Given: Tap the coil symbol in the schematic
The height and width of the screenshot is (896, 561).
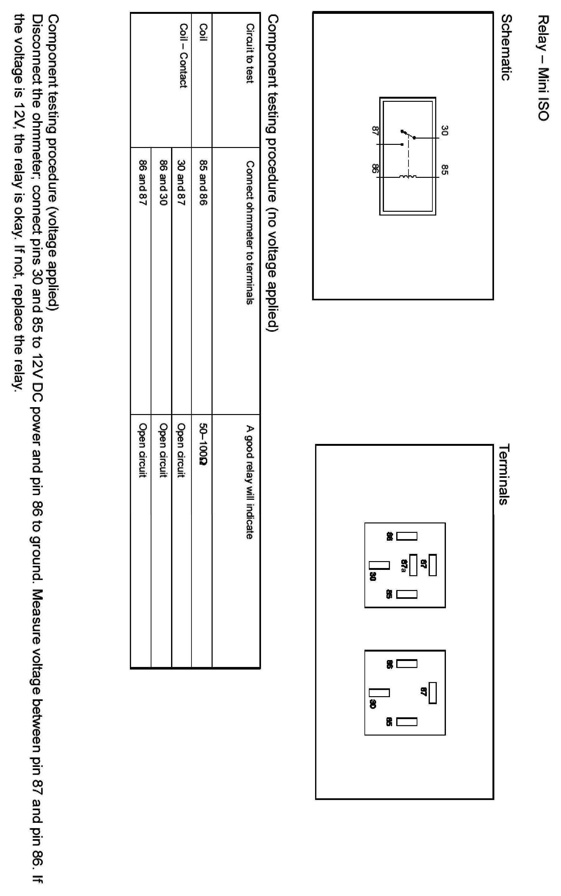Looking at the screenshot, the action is pos(408,177).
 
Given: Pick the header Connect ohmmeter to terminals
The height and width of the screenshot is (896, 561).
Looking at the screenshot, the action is pos(250,232).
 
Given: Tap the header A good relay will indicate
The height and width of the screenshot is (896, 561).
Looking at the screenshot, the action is pos(250,482).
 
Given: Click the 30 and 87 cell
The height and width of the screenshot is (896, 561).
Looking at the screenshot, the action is pos(181,183).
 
